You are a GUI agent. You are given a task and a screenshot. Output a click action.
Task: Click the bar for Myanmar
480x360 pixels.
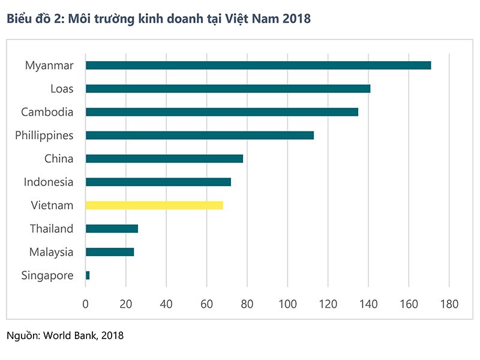(258, 65)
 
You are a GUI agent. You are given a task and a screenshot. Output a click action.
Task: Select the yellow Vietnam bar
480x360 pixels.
(154, 205)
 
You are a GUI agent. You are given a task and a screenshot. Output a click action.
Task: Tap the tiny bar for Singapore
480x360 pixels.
(88, 275)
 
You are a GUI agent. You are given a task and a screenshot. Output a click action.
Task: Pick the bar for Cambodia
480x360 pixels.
(222, 112)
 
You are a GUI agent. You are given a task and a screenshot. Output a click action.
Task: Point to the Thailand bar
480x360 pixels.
(112, 229)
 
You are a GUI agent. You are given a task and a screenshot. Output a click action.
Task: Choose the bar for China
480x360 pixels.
(164, 159)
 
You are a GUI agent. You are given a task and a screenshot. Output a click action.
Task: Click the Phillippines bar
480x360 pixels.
(200, 136)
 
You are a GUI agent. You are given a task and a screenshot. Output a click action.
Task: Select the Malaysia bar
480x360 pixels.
(110, 252)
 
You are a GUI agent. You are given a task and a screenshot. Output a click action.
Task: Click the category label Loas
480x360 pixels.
(62, 89)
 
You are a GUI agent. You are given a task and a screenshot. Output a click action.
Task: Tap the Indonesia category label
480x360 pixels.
(49, 182)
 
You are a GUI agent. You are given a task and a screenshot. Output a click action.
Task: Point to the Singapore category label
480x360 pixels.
(47, 275)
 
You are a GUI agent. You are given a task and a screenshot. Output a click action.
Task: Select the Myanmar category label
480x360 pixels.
(49, 65)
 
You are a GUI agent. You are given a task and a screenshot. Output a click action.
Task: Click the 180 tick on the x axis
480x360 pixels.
(449, 304)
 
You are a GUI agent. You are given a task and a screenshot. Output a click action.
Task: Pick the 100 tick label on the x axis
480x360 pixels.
(287, 304)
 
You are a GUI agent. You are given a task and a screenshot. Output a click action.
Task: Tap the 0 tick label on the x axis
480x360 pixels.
(86, 304)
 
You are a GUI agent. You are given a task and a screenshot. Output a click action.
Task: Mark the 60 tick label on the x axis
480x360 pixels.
(207, 304)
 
